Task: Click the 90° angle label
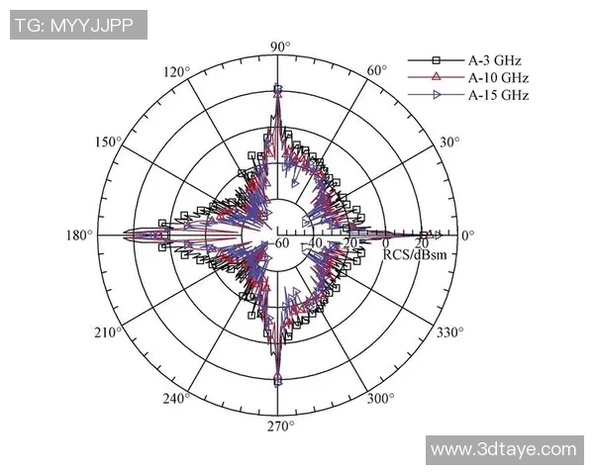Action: click(x=279, y=47)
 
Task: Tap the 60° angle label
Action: click(x=377, y=71)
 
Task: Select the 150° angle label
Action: click(x=108, y=142)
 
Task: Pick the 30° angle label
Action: click(x=450, y=142)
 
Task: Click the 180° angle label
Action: click(x=79, y=236)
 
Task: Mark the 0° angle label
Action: click(x=467, y=236)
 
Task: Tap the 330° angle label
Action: click(x=449, y=332)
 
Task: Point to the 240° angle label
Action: click(x=177, y=399)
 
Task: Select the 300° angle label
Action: click(x=380, y=399)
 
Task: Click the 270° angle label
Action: click(x=279, y=427)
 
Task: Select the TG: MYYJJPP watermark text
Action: click(x=78, y=25)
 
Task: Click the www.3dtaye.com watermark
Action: click(x=503, y=449)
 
